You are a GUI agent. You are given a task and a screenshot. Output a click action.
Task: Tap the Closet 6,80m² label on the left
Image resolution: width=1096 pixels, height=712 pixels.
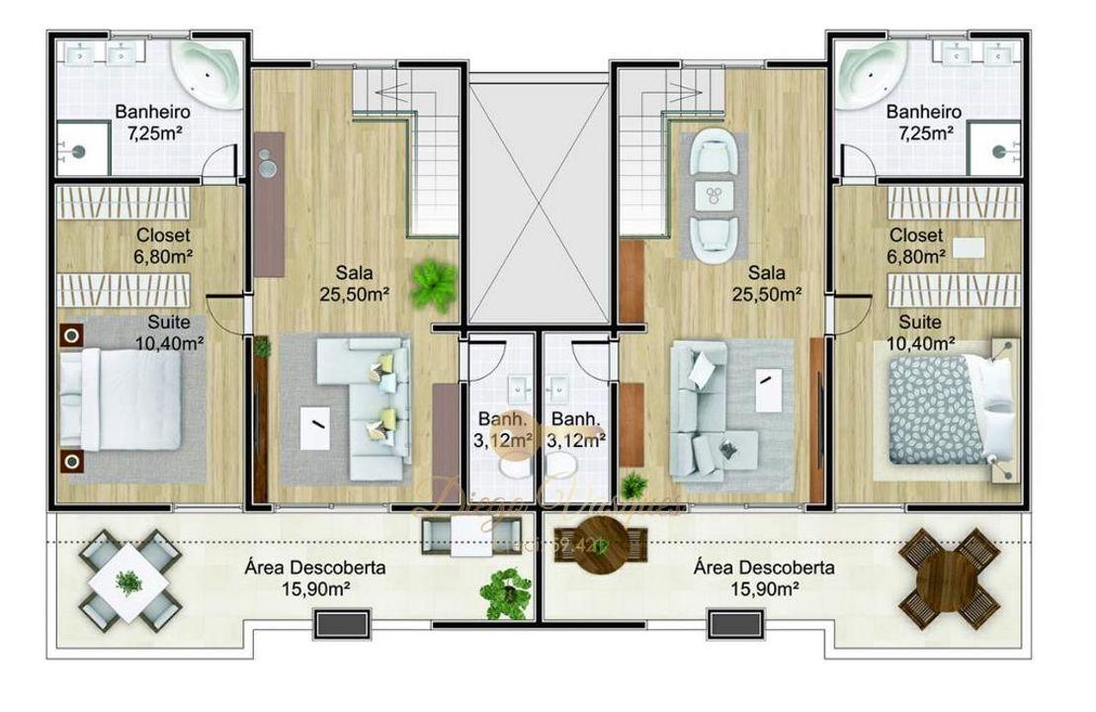[x=163, y=246]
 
